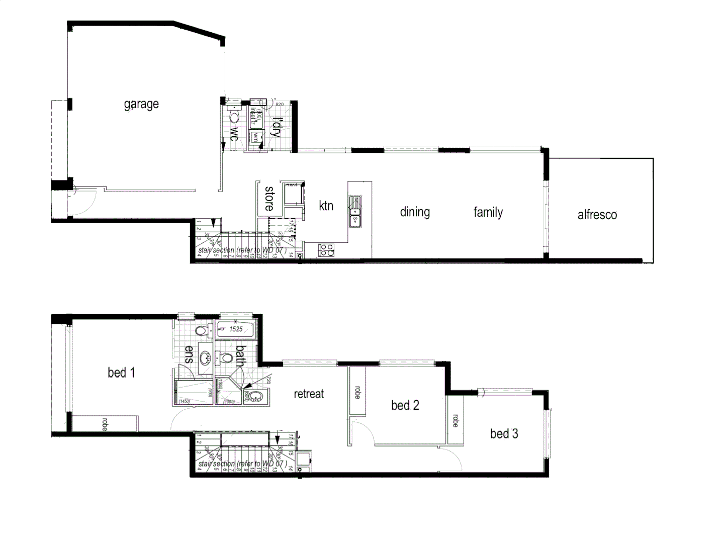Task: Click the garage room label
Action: (x=141, y=104)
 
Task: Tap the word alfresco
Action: (x=597, y=215)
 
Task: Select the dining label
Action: (x=415, y=212)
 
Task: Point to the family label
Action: (x=488, y=212)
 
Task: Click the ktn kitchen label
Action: (x=326, y=205)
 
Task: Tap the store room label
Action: (x=269, y=198)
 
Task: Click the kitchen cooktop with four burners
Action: (x=326, y=249)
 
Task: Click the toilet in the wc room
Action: (x=234, y=116)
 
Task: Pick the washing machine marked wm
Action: (x=256, y=136)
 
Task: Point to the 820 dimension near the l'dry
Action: (x=280, y=105)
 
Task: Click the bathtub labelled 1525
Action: (x=235, y=329)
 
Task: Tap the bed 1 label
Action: (x=121, y=373)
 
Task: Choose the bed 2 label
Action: (x=405, y=405)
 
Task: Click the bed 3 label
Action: (x=504, y=433)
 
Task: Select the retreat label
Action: (x=309, y=394)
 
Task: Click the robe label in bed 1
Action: (x=105, y=424)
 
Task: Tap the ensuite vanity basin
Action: (x=205, y=358)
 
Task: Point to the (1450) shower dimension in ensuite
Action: (x=184, y=401)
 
